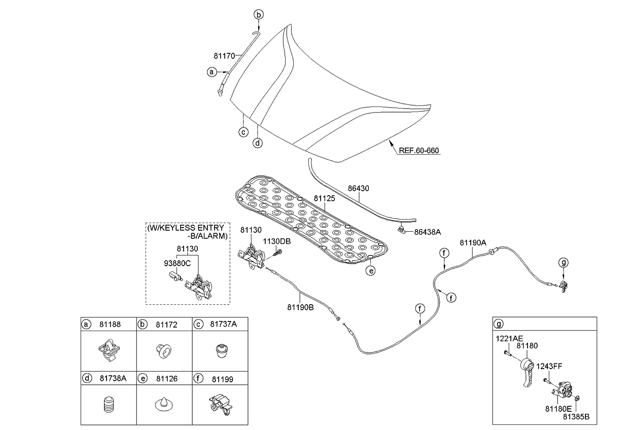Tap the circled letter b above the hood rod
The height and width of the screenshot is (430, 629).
coord(258,15)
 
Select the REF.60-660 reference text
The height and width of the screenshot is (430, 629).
coord(418,151)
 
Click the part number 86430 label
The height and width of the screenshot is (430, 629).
coord(358,188)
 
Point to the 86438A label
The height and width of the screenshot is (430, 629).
coord(427,232)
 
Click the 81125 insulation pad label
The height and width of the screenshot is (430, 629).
coord(324,199)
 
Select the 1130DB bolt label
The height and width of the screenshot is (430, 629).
coord(276,241)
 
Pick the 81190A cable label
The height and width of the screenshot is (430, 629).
coord(473,242)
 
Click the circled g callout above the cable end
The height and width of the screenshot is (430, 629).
coord(564,262)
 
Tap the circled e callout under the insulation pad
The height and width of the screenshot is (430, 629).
coord(371,271)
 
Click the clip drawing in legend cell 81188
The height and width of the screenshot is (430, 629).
coord(108,349)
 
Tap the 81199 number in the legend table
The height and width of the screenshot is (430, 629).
coord(222,378)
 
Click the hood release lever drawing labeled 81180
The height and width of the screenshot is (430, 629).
coord(527,373)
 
